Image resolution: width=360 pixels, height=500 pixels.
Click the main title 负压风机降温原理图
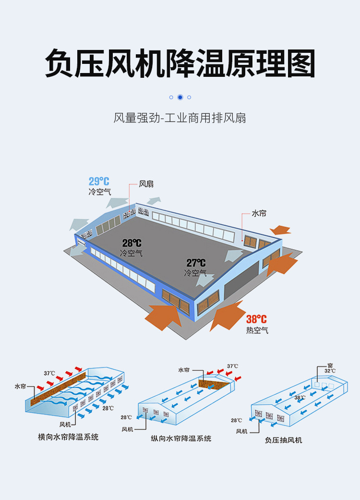pyautogui.click(x=180, y=62)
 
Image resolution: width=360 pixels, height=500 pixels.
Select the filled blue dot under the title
pyautogui.click(x=180, y=97)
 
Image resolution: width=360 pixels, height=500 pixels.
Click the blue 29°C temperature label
pyautogui.click(x=99, y=182)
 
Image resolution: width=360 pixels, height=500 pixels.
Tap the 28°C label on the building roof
pyautogui.click(x=132, y=244)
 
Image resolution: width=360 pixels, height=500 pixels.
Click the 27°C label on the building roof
pyautogui.click(x=196, y=263)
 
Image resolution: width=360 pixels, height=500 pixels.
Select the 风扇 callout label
pyautogui.click(x=146, y=184)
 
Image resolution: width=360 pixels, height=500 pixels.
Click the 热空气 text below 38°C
pyautogui.click(x=257, y=330)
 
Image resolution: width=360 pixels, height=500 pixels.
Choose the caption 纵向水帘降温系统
pyautogui.click(x=181, y=438)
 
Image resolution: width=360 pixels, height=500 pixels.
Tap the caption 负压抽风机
pyautogui.click(x=283, y=439)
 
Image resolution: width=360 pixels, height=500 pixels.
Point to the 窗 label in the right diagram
pyautogui.click(x=330, y=365)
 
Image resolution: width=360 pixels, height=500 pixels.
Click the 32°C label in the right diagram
pyautogui.click(x=330, y=371)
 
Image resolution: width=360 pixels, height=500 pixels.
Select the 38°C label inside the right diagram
pyautogui.click(x=300, y=398)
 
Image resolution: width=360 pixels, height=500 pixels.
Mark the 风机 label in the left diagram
pyautogui.click(x=65, y=425)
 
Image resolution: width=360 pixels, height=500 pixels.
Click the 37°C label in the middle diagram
pyautogui.click(x=232, y=366)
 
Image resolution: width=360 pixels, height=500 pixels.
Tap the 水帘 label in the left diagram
pyautogui.click(x=20, y=386)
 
